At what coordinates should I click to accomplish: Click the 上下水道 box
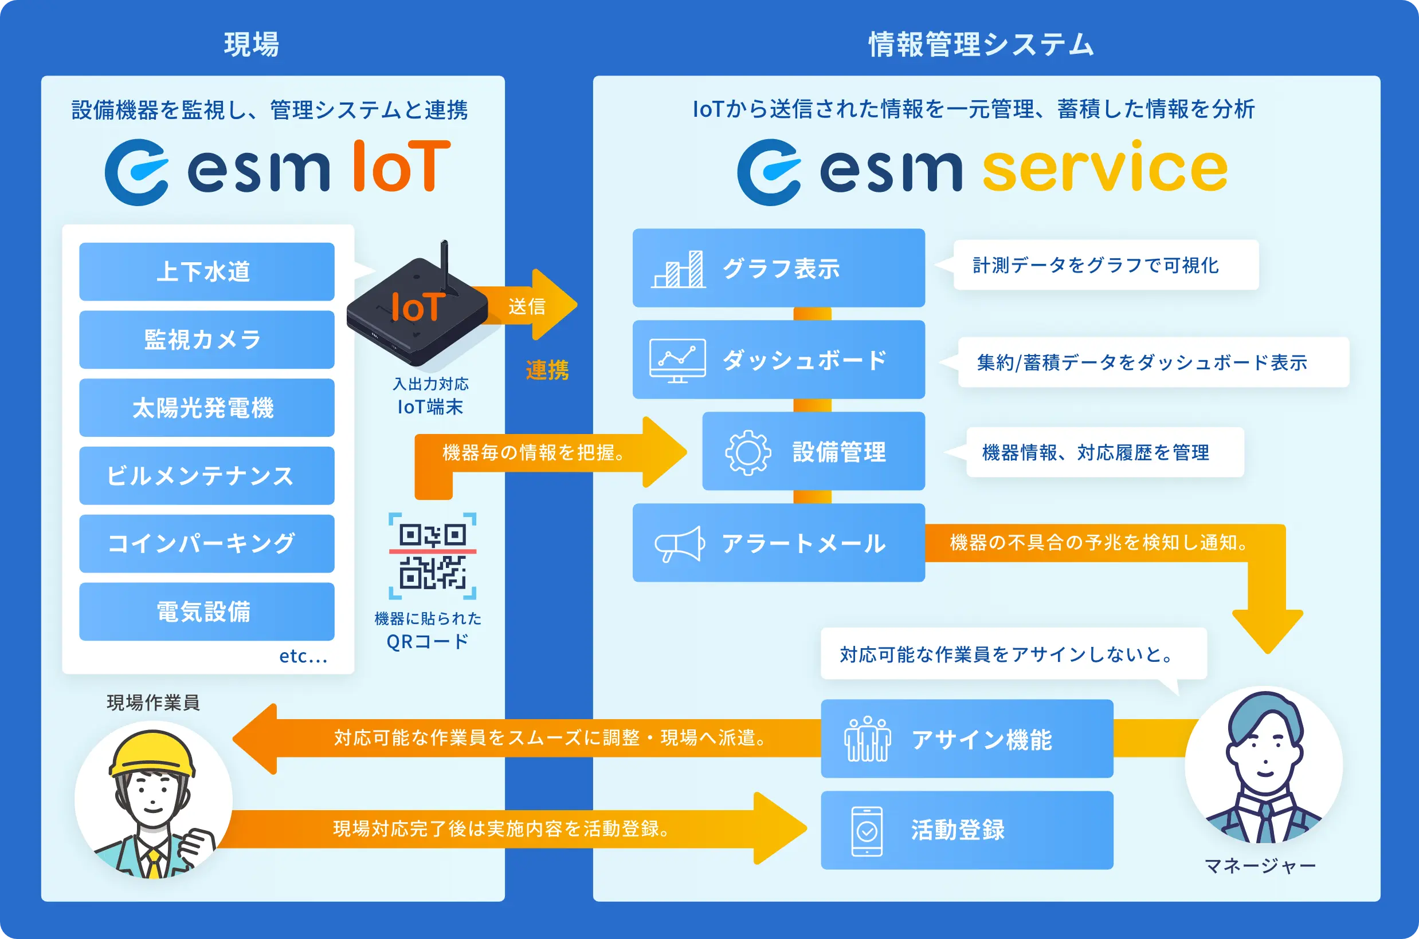207,271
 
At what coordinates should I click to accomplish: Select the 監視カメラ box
207,340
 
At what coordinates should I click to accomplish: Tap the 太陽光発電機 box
207,408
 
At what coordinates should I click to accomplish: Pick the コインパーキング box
207,544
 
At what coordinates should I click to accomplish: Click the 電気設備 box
207,611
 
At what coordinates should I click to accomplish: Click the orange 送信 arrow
534,305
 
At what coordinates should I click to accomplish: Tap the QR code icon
432,557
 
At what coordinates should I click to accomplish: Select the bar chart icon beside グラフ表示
679,270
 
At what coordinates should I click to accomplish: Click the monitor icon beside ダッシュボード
678,360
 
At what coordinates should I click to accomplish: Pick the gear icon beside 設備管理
747,452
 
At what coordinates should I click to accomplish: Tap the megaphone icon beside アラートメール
680,544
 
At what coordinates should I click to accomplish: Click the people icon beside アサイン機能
867,739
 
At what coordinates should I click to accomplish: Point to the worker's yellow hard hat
154,753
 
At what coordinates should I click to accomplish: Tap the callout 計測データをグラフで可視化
1106,265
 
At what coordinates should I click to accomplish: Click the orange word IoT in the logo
402,167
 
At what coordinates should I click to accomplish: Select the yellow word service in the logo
1104,169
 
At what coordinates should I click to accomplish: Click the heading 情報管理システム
981,44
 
